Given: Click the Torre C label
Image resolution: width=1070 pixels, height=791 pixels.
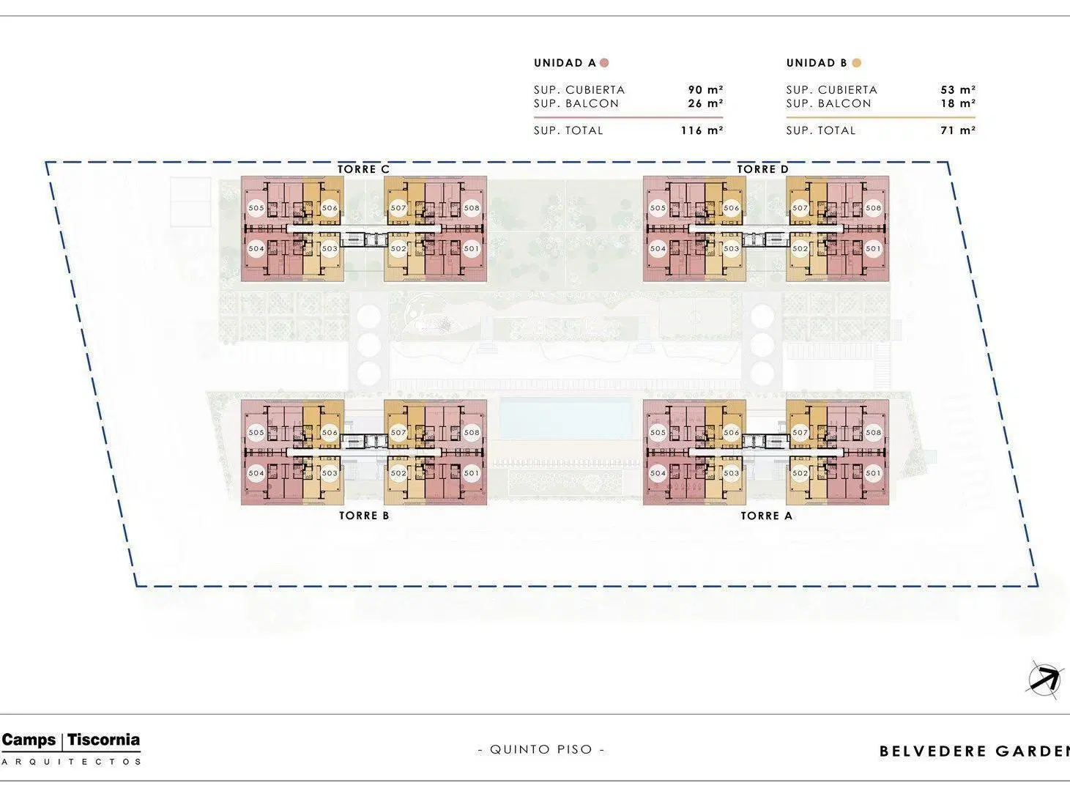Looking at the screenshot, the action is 363,169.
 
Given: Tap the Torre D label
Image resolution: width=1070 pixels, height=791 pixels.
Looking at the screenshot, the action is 762,169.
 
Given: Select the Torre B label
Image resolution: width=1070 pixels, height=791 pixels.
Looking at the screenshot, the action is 364,516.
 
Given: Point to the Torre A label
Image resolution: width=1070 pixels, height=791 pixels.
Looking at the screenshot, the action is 767,516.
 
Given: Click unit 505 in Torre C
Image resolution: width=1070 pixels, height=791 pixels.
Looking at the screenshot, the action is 256,208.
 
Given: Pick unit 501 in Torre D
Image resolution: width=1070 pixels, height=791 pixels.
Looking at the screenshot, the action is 873,248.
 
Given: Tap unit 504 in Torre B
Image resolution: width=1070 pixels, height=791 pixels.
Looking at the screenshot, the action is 256,473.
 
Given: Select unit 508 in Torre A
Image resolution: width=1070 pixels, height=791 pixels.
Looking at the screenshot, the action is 873,432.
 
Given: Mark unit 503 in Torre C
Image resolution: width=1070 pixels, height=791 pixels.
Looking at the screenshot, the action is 330,248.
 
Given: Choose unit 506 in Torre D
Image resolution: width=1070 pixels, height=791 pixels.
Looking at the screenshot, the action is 732,208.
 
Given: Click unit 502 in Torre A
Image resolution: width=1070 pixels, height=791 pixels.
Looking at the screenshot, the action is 800,473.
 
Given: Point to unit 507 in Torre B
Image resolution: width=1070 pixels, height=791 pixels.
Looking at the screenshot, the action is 398,432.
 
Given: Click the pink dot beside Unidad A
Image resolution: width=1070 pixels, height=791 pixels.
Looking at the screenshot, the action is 604,63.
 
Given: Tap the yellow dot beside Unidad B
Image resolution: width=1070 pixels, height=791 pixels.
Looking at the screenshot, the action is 857,63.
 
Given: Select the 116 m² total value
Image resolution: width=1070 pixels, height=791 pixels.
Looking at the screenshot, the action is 702,130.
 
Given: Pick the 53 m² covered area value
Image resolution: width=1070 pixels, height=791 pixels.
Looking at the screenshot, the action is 958,90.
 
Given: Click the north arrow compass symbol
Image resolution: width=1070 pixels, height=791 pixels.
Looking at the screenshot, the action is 1044,680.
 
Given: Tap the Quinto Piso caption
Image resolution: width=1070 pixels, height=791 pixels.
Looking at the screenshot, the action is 540,749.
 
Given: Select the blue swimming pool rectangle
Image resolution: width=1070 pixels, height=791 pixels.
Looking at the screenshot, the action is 565,418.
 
